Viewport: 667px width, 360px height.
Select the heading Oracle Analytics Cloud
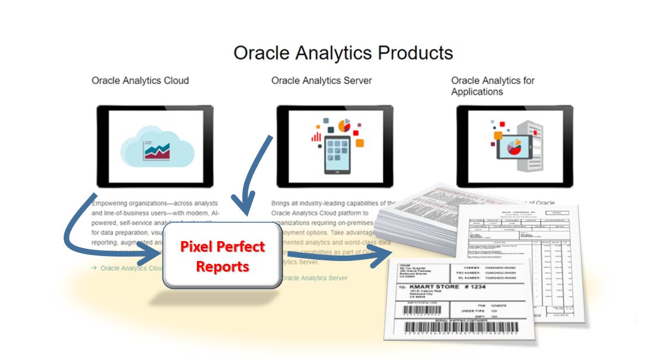(140, 81)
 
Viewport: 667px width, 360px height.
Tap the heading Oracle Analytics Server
(321, 81)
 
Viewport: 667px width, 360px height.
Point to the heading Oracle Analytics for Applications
(492, 86)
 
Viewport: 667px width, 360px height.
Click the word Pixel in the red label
(200, 247)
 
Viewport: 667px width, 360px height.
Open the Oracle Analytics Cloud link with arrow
(129, 268)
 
